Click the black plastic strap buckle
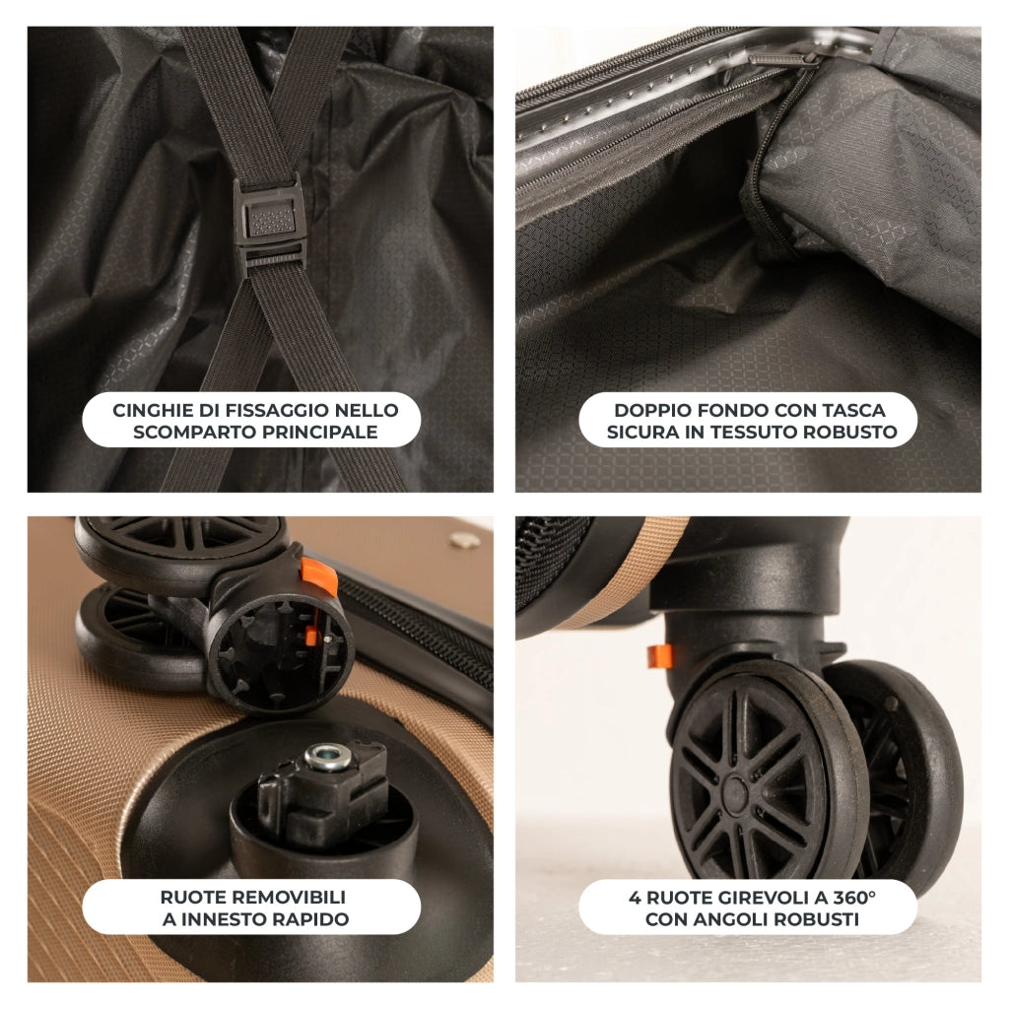(269, 227)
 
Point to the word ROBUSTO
(853, 433)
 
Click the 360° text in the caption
(854, 897)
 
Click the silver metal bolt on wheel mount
(327, 757)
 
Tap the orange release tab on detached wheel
(318, 575)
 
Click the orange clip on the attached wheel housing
(659, 655)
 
